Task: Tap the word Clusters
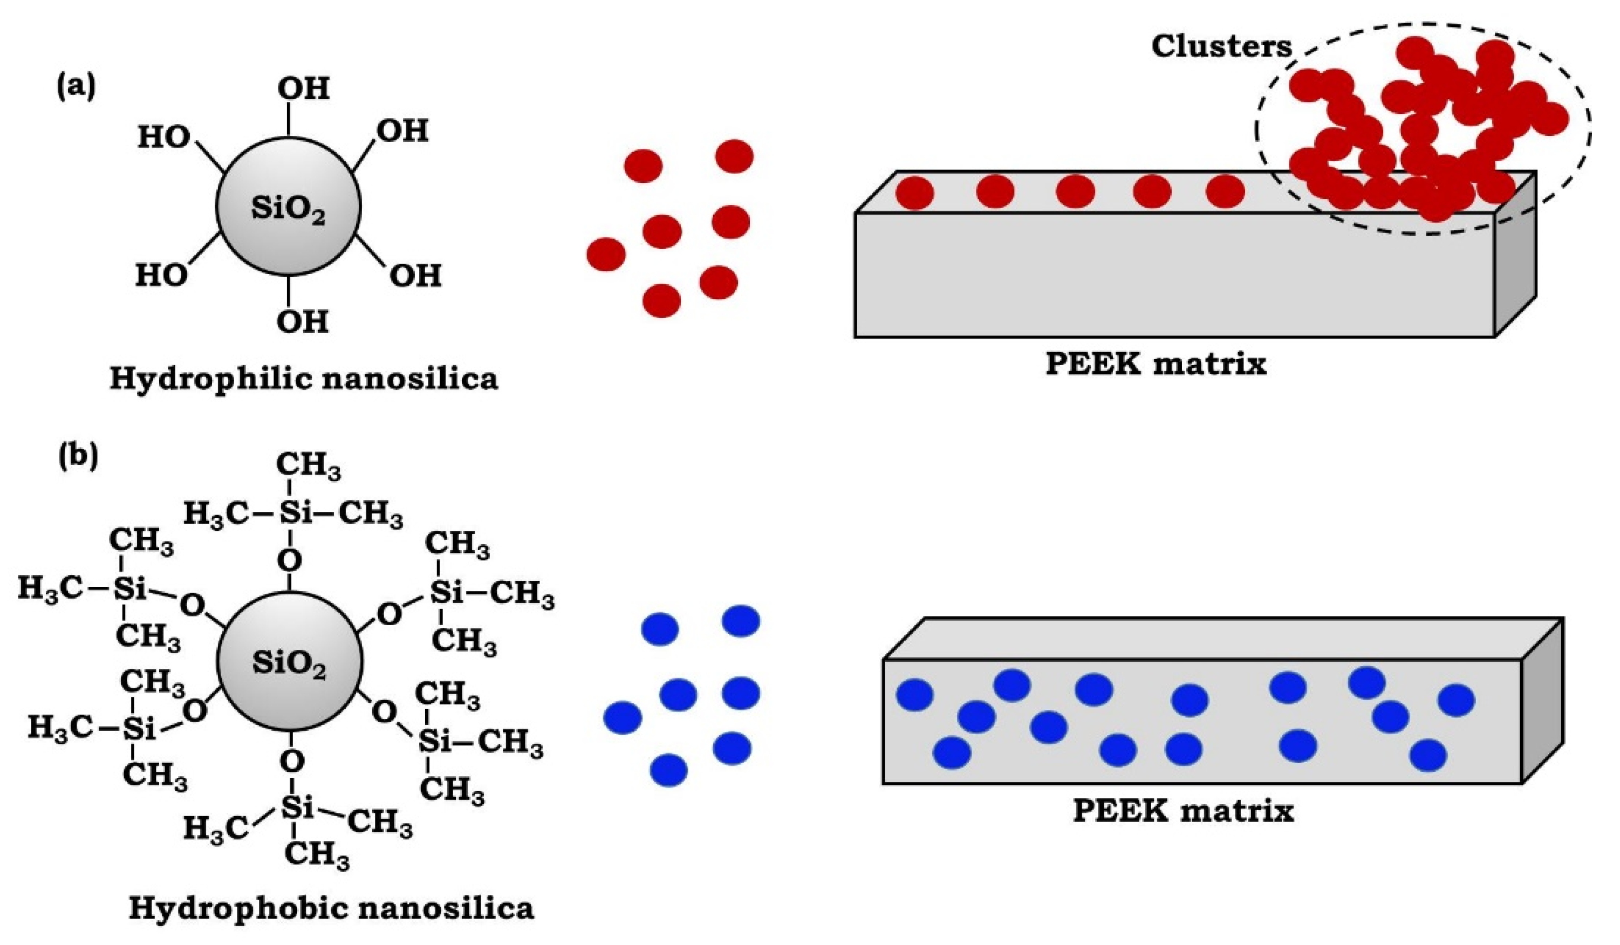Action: pos(1221,46)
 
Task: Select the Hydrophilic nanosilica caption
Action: pos(303,379)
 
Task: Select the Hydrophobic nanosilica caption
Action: pos(331,908)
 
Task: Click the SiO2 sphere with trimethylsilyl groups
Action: pos(289,662)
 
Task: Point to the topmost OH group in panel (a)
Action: pos(303,88)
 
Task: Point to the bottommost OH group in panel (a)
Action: pos(302,321)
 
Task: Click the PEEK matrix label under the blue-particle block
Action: pos(1183,811)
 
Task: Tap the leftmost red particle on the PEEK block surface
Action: pos(914,193)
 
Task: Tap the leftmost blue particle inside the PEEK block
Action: pos(914,695)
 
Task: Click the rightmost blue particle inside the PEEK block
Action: pos(1456,700)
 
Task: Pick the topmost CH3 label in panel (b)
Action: pos(308,467)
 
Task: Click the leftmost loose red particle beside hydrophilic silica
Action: pos(606,254)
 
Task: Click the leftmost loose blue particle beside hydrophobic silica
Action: pos(623,717)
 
